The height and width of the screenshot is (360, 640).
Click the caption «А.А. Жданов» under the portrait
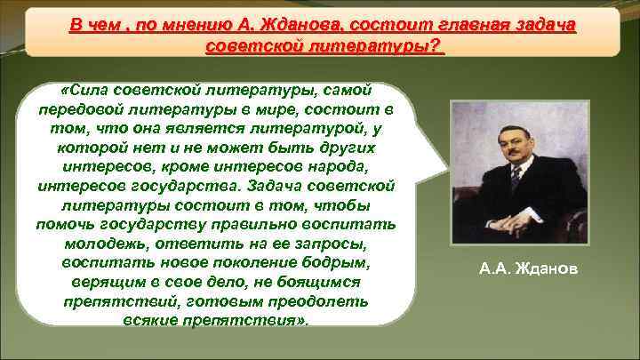click(527, 265)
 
